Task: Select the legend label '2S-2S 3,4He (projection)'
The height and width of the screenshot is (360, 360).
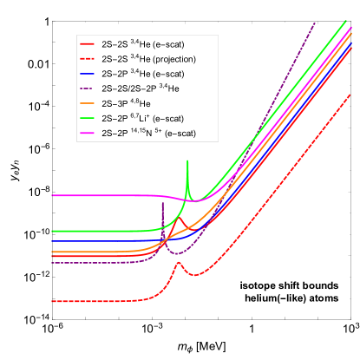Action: (x=148, y=58)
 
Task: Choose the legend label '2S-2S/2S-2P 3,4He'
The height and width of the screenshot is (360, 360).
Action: (x=143, y=88)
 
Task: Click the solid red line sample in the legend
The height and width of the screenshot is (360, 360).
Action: (x=88, y=43)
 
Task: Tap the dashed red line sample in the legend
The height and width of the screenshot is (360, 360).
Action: (x=88, y=58)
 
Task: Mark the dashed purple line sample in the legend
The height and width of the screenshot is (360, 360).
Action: (x=88, y=88)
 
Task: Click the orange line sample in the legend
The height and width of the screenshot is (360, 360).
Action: (x=88, y=103)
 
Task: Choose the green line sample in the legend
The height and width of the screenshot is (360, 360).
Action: (x=88, y=118)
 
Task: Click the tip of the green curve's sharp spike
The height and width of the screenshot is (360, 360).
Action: (x=187, y=161)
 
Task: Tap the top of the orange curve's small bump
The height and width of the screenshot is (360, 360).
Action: (x=179, y=219)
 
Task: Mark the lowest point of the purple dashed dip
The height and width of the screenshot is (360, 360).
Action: (x=177, y=254)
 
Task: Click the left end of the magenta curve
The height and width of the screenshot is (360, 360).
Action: (x=52, y=195)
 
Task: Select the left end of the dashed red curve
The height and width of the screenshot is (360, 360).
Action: (x=52, y=301)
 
